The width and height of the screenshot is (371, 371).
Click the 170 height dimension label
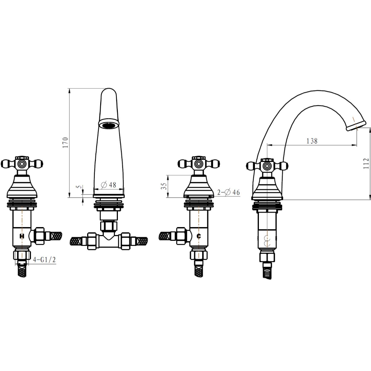[x=65, y=142]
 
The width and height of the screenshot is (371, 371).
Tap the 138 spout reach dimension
[x=312, y=141]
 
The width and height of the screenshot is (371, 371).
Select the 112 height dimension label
[x=366, y=163]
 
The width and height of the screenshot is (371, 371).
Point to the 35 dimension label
[x=164, y=186]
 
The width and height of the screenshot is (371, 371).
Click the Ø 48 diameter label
[x=108, y=184]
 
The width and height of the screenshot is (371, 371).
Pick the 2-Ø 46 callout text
[x=229, y=192]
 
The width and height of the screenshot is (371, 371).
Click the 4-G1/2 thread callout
[x=44, y=260]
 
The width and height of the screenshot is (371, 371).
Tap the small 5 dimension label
[x=80, y=187]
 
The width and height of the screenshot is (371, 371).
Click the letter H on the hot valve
[x=22, y=236]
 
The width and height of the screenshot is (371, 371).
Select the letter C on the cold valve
[x=199, y=236]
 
